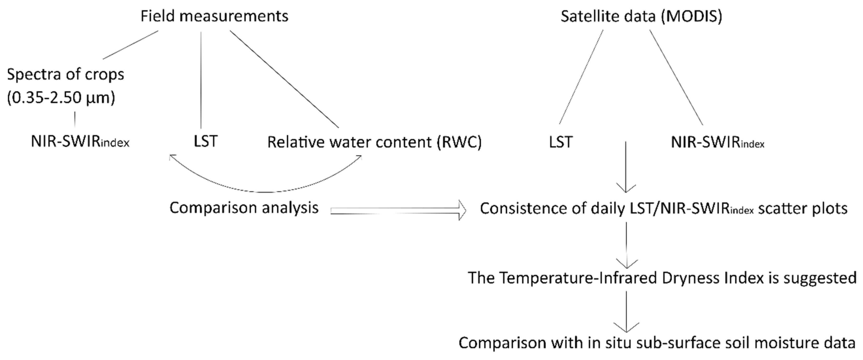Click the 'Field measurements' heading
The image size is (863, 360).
tap(214, 16)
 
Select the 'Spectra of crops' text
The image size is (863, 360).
tap(66, 74)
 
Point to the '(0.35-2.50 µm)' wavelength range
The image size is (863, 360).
tap(61, 98)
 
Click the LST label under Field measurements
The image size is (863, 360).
tap(205, 141)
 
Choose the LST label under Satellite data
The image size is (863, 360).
tap(560, 142)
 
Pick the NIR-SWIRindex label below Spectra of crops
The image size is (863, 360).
tap(80, 142)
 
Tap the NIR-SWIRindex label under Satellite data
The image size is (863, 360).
tap(717, 143)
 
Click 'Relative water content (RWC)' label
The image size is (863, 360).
tap(374, 142)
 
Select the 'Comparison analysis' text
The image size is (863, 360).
tap(244, 208)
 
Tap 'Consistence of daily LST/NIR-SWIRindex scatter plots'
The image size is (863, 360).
tap(663, 208)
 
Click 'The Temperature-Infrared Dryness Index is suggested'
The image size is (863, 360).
tap(662, 278)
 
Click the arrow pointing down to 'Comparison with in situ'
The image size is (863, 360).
tap(626, 311)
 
